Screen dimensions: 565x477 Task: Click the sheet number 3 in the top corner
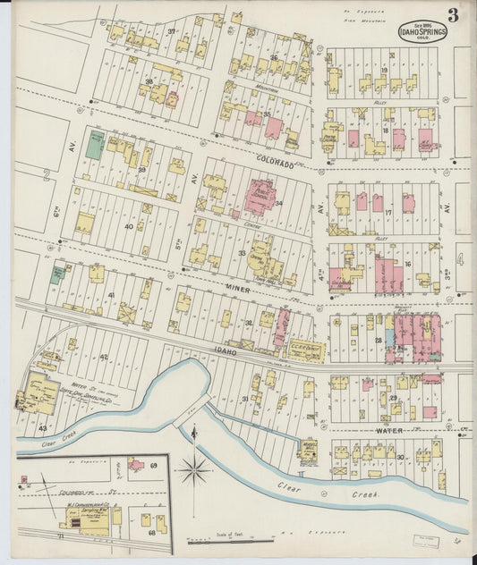coord(455,14)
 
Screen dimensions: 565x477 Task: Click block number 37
coord(171,33)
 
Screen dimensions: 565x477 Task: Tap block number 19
coord(384,70)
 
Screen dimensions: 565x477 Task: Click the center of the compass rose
coord(194,468)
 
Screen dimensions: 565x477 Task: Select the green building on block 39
coord(94,145)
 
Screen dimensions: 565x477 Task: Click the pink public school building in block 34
coord(260,196)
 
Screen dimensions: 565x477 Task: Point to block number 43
coord(42,428)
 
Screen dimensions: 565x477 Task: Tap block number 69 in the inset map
coord(153,466)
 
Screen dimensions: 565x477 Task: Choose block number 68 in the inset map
coord(151,533)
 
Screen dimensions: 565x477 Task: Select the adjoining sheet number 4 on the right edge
coord(460,259)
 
